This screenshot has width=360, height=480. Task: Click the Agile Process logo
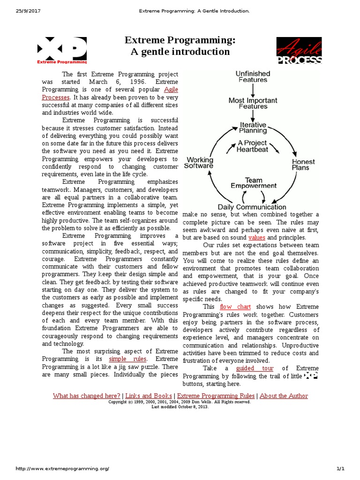pos(299,50)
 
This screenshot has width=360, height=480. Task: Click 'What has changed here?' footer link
pos(87,396)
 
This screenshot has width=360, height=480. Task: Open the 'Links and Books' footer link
pos(149,396)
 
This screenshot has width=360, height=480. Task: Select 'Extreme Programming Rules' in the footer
pos(216,396)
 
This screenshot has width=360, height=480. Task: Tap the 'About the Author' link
pos(284,396)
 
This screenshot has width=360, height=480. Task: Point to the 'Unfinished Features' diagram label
pos(253,77)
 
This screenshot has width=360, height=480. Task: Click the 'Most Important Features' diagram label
pos(253,104)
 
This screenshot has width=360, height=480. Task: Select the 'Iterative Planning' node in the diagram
pos(253,128)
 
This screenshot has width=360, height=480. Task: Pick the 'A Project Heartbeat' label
pos(252,146)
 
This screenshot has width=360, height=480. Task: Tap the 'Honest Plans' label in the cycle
pos(303,165)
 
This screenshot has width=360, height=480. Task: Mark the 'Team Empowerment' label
pos(253,183)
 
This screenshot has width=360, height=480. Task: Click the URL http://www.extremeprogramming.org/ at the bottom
pos(62,469)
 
